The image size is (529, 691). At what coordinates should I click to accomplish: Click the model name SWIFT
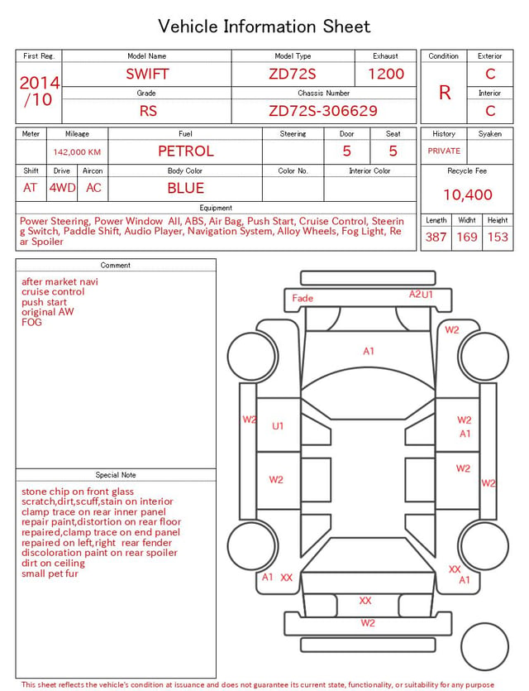(x=147, y=74)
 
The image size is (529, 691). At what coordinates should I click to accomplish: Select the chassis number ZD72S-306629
(x=323, y=111)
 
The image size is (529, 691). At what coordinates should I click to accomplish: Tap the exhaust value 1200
(x=386, y=74)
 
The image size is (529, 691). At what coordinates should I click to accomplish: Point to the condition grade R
(x=445, y=93)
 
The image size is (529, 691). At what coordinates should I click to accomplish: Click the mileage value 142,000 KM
(x=77, y=152)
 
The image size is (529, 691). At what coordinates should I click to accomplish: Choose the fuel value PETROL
(x=186, y=151)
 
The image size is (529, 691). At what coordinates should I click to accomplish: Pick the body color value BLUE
(x=186, y=188)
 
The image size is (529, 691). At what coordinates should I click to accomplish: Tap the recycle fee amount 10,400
(x=467, y=194)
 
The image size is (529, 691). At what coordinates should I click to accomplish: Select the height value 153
(x=498, y=237)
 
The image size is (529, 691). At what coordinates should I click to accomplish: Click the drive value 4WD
(x=62, y=188)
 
